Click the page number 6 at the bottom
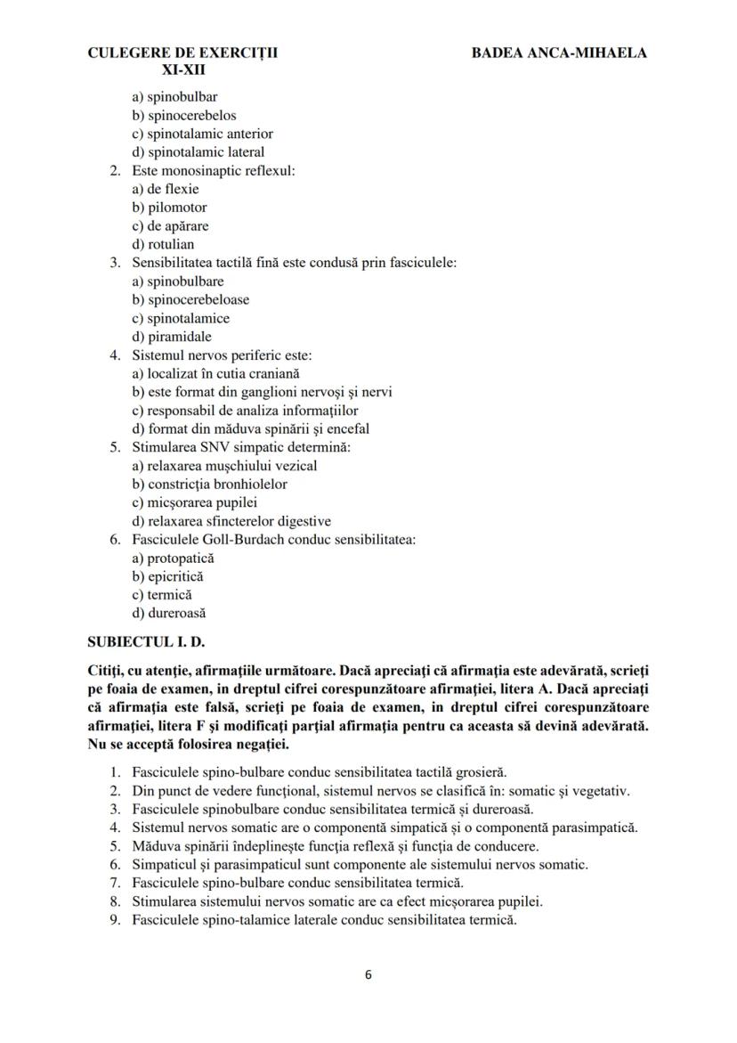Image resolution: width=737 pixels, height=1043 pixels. [x=368, y=974]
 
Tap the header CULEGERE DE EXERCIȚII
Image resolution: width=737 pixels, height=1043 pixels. [x=182, y=53]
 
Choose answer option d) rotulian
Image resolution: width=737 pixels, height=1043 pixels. [x=163, y=244]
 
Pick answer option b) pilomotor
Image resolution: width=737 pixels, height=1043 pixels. [x=169, y=208]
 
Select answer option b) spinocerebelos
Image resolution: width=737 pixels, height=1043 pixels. [x=184, y=115]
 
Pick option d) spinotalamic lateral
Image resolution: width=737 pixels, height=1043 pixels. [x=198, y=151]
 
